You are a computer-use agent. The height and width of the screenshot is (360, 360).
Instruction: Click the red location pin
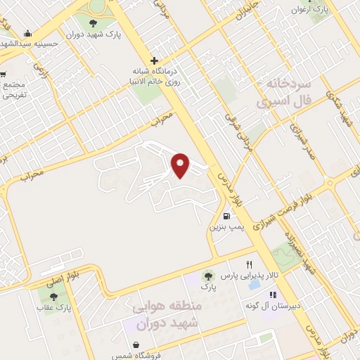[181, 165]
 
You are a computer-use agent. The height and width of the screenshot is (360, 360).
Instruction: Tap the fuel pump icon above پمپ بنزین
[226, 217]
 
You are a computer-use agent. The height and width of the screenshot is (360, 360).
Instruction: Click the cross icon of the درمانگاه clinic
[154, 60]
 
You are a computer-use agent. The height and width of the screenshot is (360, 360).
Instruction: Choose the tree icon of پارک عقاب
[54, 297]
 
